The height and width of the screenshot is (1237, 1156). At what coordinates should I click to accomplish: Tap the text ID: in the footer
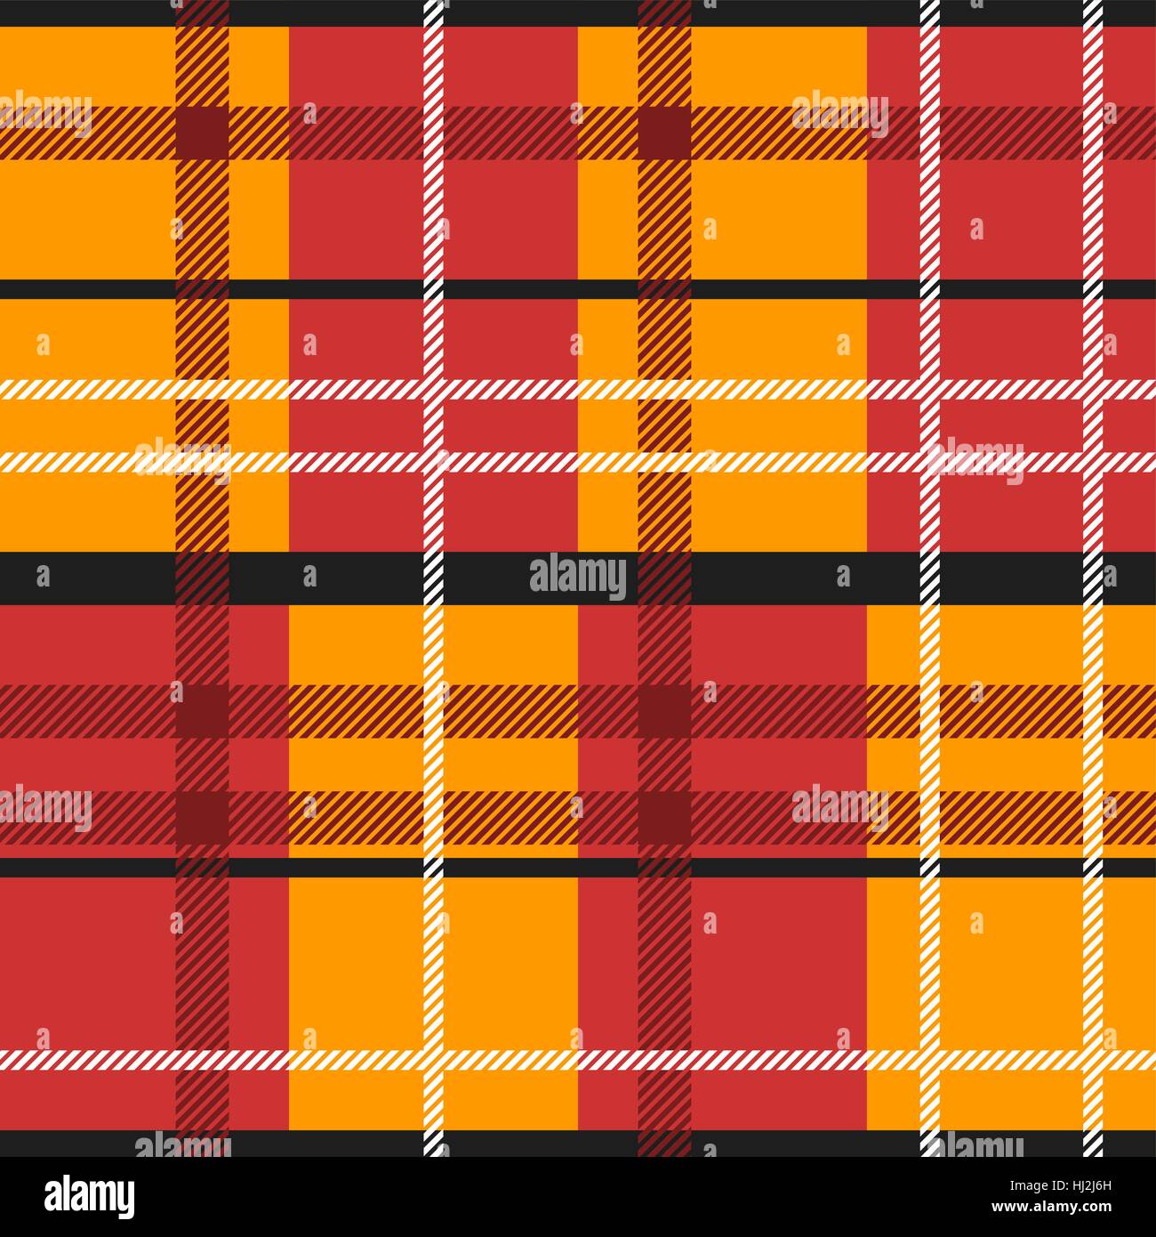(1061, 1184)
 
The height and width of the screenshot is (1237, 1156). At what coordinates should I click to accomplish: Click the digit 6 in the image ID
(1101, 1184)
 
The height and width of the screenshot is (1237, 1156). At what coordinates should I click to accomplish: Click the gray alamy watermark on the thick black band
(578, 578)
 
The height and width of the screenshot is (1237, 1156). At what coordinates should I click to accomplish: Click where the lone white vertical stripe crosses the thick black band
(434, 578)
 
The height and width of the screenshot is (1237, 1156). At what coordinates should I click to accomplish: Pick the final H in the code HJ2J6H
(1108, 1184)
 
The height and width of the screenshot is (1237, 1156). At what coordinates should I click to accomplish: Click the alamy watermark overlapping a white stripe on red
(975, 461)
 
